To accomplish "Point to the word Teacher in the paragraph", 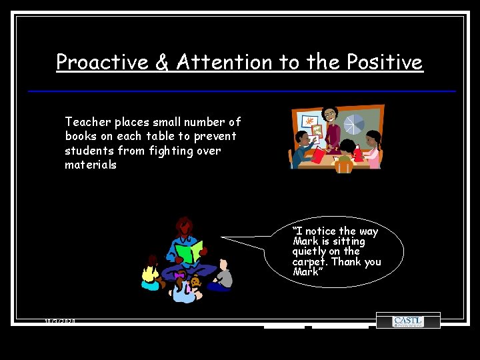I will pos(88,122).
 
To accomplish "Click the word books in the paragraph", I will pos(81,136).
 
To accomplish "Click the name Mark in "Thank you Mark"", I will pos(306,271).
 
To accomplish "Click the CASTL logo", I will pos(408,321).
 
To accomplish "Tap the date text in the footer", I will pos(60,321).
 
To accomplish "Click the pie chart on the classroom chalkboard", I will pos(353,125).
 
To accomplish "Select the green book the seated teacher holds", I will pos(189,251).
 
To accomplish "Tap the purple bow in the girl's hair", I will pos(178,275).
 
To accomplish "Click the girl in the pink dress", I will pos(372,151).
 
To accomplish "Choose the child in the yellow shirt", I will pos(151,273).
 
